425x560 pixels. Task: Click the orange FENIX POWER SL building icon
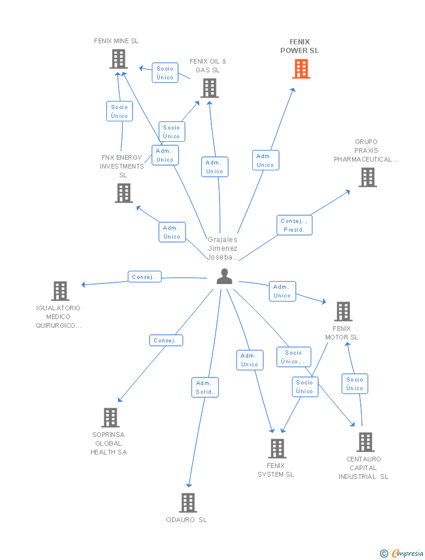point(301,69)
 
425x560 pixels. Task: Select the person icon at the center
point(224,276)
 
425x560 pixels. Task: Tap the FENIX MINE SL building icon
point(119,59)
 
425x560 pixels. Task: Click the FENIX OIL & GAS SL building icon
point(210,88)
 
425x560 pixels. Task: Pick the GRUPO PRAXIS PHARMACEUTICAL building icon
point(367,177)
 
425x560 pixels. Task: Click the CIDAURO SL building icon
point(187,502)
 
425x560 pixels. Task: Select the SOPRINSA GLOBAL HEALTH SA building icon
point(110,418)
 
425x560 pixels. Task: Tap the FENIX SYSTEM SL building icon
point(277,449)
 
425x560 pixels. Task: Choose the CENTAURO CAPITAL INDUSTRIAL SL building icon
point(365,442)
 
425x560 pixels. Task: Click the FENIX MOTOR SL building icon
point(343,311)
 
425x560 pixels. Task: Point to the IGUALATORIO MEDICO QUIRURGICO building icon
point(60,291)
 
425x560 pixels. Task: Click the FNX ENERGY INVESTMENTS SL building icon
point(124,193)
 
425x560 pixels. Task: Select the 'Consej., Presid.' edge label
point(294,225)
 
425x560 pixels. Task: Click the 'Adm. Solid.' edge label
point(205,387)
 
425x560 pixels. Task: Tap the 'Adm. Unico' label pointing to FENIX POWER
point(266,160)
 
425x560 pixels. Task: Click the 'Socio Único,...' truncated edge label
point(294,357)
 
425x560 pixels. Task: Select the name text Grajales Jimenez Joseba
point(223,248)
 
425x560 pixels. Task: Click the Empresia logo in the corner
point(402,553)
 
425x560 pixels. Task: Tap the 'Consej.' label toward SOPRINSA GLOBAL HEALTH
point(166,340)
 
